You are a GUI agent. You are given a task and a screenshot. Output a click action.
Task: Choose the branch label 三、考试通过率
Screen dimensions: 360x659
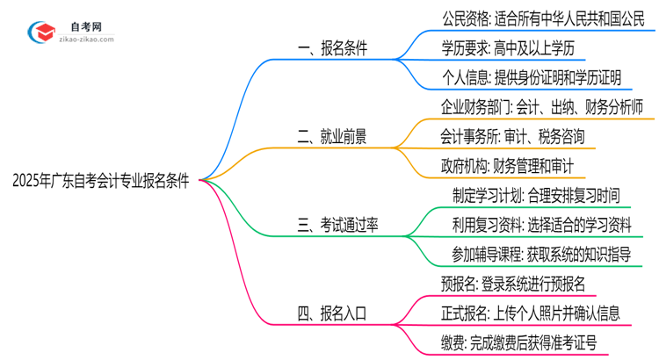click(x=337, y=224)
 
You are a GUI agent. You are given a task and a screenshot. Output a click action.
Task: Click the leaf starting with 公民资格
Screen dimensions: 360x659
click(x=544, y=18)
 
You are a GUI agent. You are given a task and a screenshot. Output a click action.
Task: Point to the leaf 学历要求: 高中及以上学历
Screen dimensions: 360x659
click(x=515, y=48)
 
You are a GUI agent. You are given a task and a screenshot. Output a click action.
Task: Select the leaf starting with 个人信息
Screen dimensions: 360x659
click(x=532, y=77)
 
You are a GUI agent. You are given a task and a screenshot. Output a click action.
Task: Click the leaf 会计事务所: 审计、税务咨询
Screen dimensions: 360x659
click(x=511, y=136)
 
